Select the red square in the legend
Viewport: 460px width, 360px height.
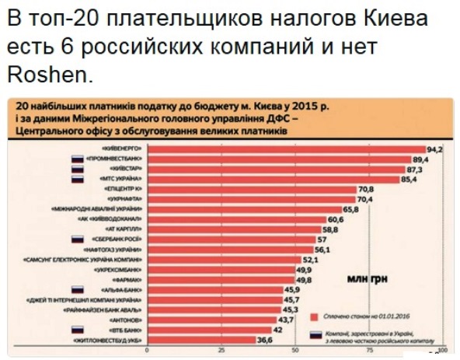(313, 316)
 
